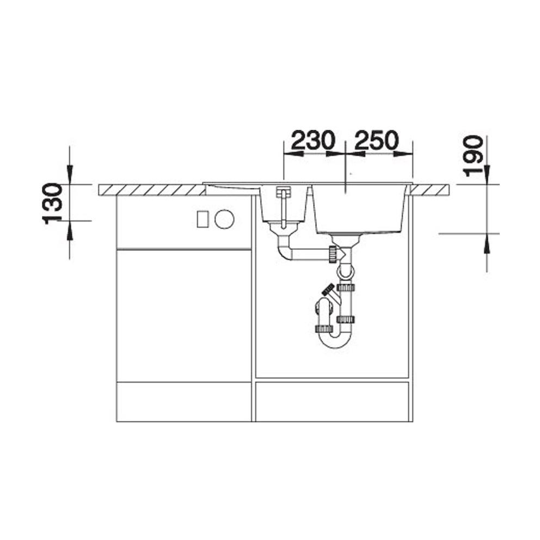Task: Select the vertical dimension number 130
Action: (52, 204)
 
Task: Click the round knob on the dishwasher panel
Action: (224, 219)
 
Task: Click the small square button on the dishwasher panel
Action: (202, 219)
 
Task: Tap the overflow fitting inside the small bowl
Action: (283, 207)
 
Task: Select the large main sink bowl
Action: (360, 210)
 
